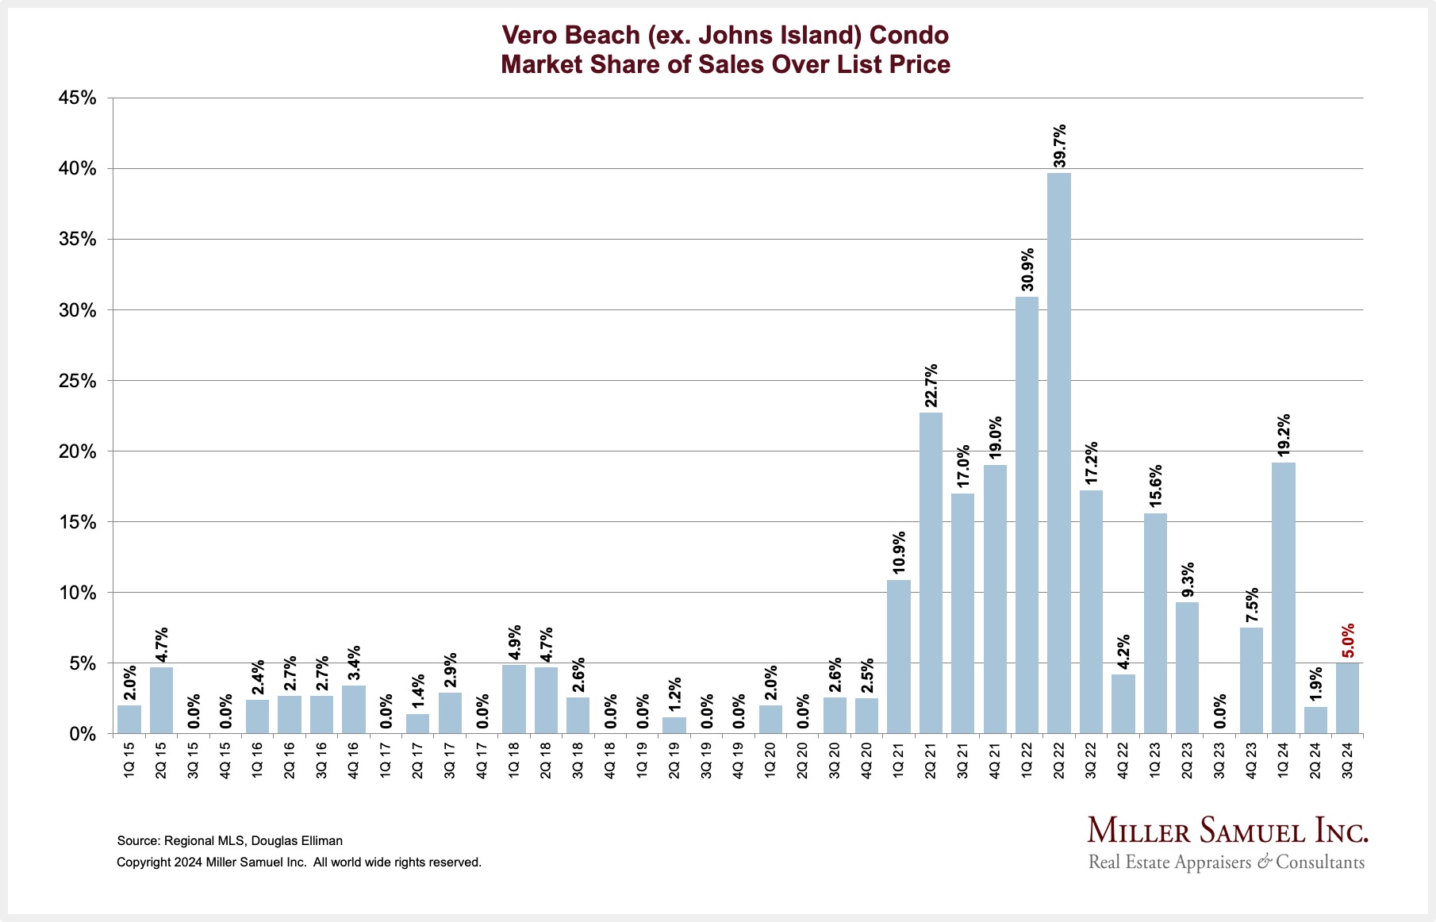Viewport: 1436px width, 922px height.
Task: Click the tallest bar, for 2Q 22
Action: [1058, 452]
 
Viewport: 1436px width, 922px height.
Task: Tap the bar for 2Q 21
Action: [931, 572]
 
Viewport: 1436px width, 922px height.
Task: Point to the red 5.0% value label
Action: [1348, 641]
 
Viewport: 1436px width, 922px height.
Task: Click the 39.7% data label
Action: [1059, 146]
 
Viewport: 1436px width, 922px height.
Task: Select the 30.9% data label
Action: [1027, 271]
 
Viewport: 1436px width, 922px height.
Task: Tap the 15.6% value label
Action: [1155, 486]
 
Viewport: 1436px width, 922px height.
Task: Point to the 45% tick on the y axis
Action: [77, 98]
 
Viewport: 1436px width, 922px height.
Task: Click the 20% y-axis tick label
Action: [77, 451]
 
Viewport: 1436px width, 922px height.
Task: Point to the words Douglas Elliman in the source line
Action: [297, 840]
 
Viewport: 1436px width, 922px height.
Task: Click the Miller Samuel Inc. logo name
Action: [1227, 831]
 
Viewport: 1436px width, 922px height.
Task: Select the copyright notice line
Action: [299, 862]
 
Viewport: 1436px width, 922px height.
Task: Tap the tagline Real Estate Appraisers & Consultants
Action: [1227, 862]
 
